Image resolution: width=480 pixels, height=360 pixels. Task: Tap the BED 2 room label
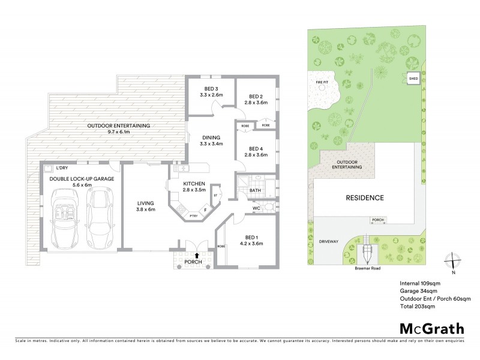(x=256, y=96)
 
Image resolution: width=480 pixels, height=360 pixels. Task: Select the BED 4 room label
(x=256, y=148)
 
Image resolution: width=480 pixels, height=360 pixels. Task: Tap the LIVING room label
(x=145, y=203)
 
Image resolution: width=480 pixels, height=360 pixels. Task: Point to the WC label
(x=256, y=209)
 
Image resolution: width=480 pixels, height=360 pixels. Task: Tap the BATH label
(x=255, y=191)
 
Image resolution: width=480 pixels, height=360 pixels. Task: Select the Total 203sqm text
(x=417, y=306)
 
